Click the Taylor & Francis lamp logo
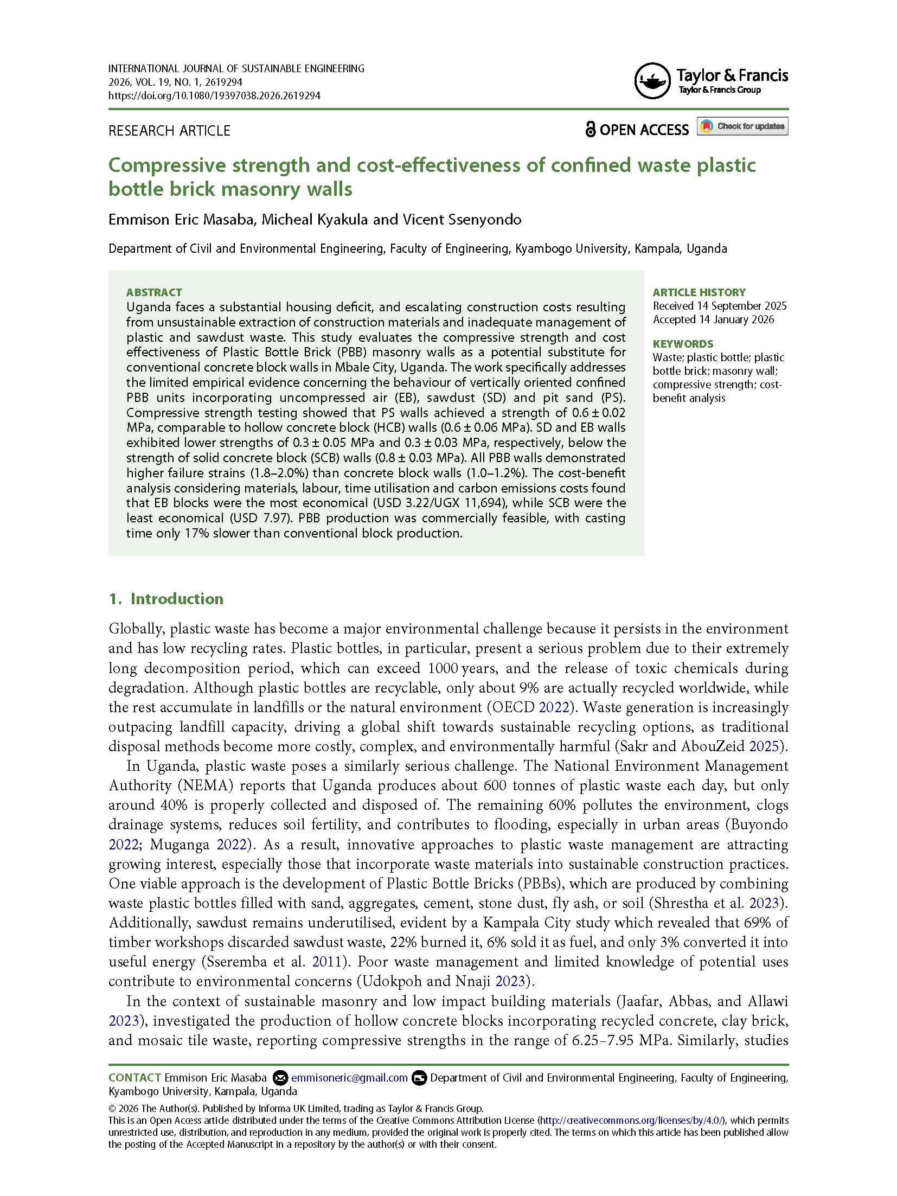pos(652,81)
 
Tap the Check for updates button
pos(742,126)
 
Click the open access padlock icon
pos(590,129)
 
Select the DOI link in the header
pos(214,96)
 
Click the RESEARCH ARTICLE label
pos(169,131)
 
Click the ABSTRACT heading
pos(154,292)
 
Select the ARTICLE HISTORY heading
pos(699,292)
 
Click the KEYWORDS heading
pos(683,344)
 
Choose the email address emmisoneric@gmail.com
pos(349,1078)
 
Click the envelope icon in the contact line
pos(280,1078)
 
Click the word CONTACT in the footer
pos(134,1078)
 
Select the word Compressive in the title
pos(167,165)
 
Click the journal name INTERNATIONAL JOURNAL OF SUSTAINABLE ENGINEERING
pos(236,69)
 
